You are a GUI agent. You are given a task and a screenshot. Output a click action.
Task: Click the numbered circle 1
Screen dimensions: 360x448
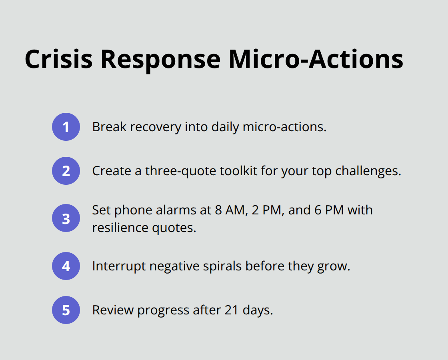[x=66, y=127]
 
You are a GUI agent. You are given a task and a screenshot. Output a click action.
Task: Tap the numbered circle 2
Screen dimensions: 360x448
[x=66, y=171]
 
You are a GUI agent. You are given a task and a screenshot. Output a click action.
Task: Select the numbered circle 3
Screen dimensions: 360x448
[x=66, y=219]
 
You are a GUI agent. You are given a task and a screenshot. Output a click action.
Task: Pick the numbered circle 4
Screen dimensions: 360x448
[x=66, y=266]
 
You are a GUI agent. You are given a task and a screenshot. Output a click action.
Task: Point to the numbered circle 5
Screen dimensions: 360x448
[x=66, y=310]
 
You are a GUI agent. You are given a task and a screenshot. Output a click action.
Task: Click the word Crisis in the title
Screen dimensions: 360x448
[x=58, y=59]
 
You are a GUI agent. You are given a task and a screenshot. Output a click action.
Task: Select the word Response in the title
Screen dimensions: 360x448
[x=160, y=59]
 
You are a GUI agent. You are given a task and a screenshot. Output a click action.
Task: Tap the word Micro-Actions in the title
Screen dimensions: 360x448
[x=316, y=59]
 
